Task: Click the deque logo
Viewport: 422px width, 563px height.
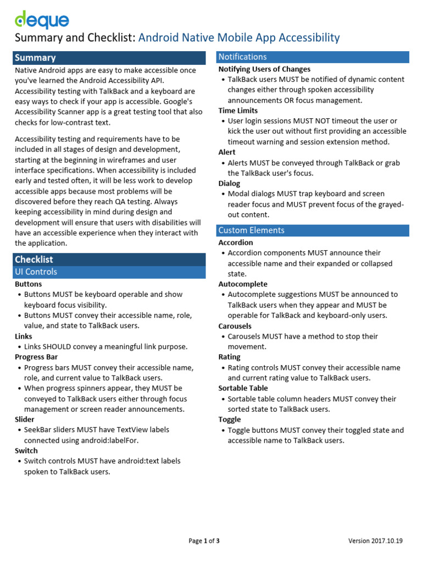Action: pos(42,20)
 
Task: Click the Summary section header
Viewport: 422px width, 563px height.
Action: pos(35,58)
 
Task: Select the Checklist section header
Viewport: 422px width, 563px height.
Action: pos(34,260)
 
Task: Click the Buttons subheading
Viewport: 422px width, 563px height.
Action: pos(28,284)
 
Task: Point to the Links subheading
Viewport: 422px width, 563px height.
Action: pos(24,336)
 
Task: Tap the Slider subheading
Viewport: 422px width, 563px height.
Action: pos(25,420)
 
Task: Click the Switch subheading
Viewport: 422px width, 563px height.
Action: pos(26,451)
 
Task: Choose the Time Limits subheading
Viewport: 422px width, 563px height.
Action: pos(238,111)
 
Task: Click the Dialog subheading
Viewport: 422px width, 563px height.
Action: pos(229,184)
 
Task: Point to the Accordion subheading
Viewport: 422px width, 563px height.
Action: pos(236,242)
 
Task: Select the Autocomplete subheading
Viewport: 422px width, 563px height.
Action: pos(243,284)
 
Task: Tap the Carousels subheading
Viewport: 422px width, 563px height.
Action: pos(235,326)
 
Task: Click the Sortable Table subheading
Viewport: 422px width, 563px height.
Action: pos(243,388)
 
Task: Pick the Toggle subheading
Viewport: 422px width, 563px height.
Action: pos(230,420)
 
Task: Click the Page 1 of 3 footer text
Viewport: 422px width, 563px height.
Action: pos(204,541)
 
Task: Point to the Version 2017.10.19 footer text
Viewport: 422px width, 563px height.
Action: pos(375,541)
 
